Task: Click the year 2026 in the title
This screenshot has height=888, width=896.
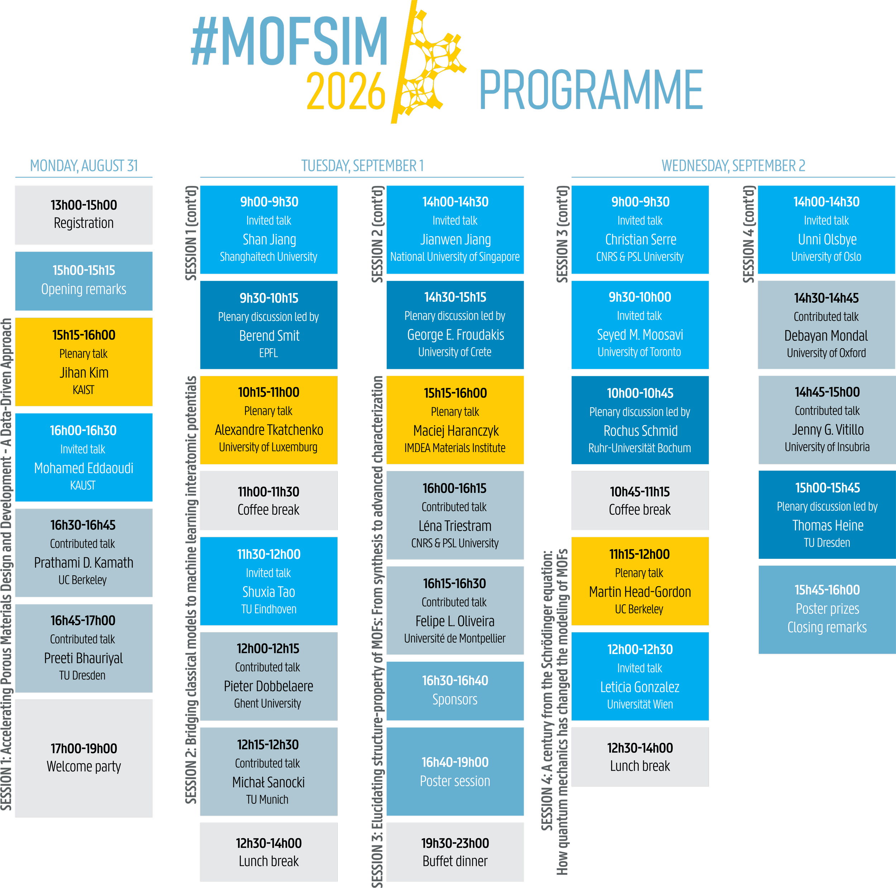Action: (x=346, y=91)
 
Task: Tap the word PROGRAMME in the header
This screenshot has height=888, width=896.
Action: (x=591, y=90)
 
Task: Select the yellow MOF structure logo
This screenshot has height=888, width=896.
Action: (x=429, y=62)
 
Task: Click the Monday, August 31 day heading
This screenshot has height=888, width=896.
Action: (x=84, y=165)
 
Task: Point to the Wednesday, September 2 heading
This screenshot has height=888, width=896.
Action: (x=733, y=165)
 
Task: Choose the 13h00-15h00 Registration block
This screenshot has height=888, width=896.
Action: (x=84, y=215)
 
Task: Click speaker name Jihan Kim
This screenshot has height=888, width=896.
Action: (x=84, y=372)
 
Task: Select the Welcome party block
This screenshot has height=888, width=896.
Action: (x=84, y=758)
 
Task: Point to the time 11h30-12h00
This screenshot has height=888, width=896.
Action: (x=269, y=554)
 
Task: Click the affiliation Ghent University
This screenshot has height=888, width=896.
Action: (x=268, y=703)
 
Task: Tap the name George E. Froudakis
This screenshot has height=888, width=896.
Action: (x=456, y=334)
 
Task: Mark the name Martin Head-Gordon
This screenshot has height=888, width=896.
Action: (x=640, y=591)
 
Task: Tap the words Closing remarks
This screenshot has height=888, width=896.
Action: (x=827, y=627)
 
